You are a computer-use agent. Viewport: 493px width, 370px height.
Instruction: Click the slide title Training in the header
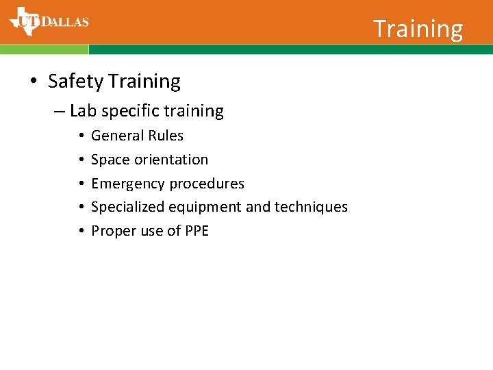[x=418, y=29]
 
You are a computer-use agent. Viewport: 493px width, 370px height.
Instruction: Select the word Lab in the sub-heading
[x=83, y=111]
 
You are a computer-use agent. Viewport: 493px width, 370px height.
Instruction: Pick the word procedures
[x=207, y=184]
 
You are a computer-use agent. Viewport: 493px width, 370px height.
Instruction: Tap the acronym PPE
[x=197, y=231]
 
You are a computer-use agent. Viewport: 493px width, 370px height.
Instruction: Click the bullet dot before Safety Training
[x=34, y=82]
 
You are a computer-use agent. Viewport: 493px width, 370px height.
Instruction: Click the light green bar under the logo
[x=44, y=49]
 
